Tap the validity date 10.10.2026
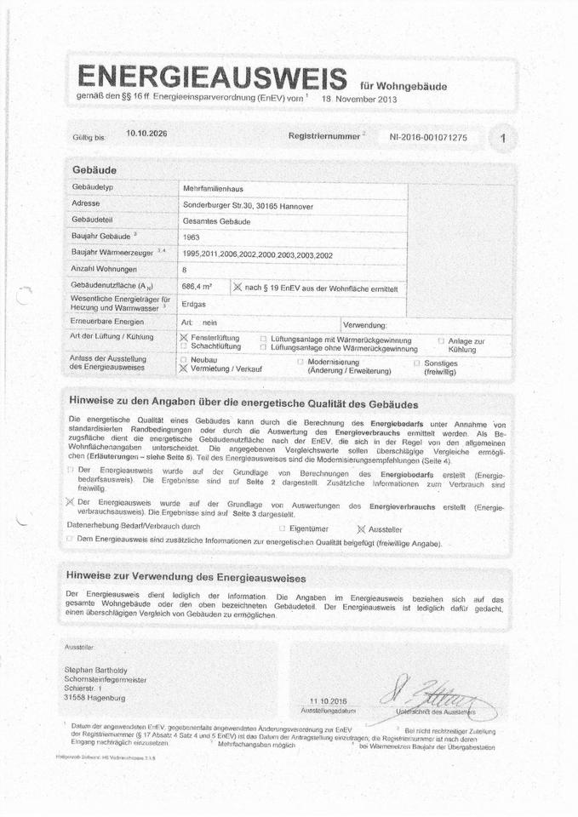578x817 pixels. (x=146, y=134)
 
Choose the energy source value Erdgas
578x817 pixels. (x=194, y=304)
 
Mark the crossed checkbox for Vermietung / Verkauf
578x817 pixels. (x=183, y=370)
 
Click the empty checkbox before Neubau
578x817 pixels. (x=183, y=361)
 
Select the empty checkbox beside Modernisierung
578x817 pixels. (x=300, y=362)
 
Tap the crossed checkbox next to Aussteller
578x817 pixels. (x=361, y=528)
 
